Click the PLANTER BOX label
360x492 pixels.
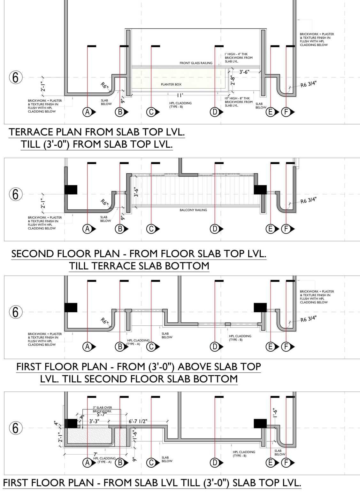[x=171, y=84]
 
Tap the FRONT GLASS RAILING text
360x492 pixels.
[x=196, y=63]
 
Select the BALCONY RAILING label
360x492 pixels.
[x=193, y=210]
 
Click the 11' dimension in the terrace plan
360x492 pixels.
[x=180, y=95]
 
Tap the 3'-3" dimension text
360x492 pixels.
[x=95, y=421]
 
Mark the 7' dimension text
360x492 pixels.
[x=95, y=454]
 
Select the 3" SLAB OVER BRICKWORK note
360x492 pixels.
[x=102, y=409]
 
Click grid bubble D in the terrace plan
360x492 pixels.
[x=214, y=112]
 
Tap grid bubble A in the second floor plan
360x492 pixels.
[x=87, y=229]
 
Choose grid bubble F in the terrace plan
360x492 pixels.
[x=286, y=112]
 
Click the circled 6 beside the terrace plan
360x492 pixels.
[x=15, y=77]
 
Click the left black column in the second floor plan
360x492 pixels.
[x=71, y=189]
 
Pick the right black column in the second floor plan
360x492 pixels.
[x=260, y=189]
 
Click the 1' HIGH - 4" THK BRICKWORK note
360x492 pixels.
[x=238, y=58]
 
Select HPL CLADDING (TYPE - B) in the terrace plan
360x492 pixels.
[x=180, y=105]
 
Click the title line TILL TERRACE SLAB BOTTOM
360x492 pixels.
[x=139, y=266]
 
